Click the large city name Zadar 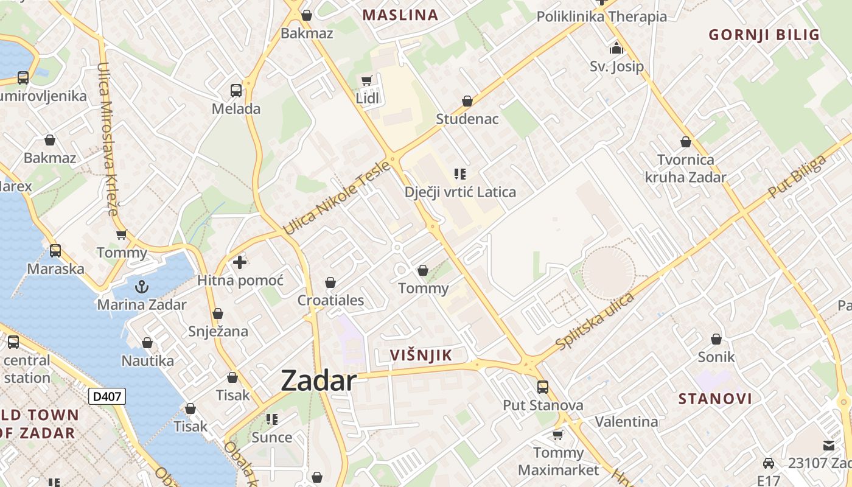(318, 381)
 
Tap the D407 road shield (107, 397)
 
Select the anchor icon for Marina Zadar (141, 286)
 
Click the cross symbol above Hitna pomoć (240, 262)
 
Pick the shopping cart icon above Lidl (366, 81)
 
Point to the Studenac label (467, 119)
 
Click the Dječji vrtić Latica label (460, 192)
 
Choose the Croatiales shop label (330, 300)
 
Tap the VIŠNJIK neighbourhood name (421, 356)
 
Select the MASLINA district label (400, 15)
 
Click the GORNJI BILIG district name (764, 35)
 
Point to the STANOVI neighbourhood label (715, 399)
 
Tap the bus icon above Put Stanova (542, 387)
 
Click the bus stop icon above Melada (236, 91)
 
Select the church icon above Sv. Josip (616, 48)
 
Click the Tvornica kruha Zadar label (685, 169)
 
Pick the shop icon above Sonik (716, 339)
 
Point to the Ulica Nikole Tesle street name (336, 198)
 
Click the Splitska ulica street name (595, 321)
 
